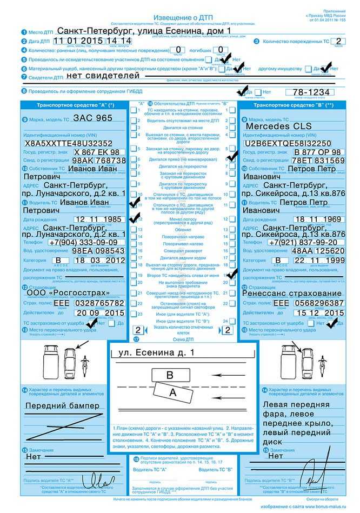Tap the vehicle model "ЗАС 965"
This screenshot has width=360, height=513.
point(93,118)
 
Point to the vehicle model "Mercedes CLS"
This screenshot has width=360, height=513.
point(278,126)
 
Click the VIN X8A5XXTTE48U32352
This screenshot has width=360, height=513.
point(68,143)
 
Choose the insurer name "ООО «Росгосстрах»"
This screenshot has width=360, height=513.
point(68,293)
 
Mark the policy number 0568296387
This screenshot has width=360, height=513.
point(317,303)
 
